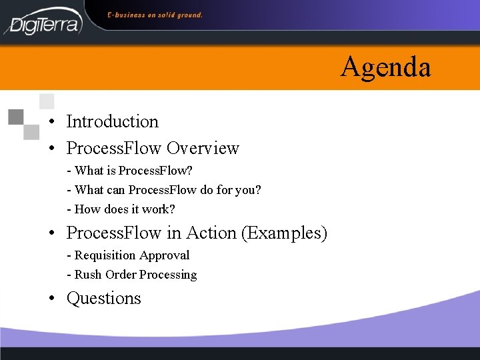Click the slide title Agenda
click(385, 67)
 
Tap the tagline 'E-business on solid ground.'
click(155, 15)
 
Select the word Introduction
click(113, 121)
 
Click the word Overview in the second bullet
click(203, 148)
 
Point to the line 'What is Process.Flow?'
click(130, 171)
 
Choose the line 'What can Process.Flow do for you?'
click(165, 190)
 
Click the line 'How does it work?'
click(121, 209)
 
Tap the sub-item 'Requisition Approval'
click(129, 255)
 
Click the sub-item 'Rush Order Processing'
click(132, 275)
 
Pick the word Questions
click(104, 299)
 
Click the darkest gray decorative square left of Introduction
click(15, 117)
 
